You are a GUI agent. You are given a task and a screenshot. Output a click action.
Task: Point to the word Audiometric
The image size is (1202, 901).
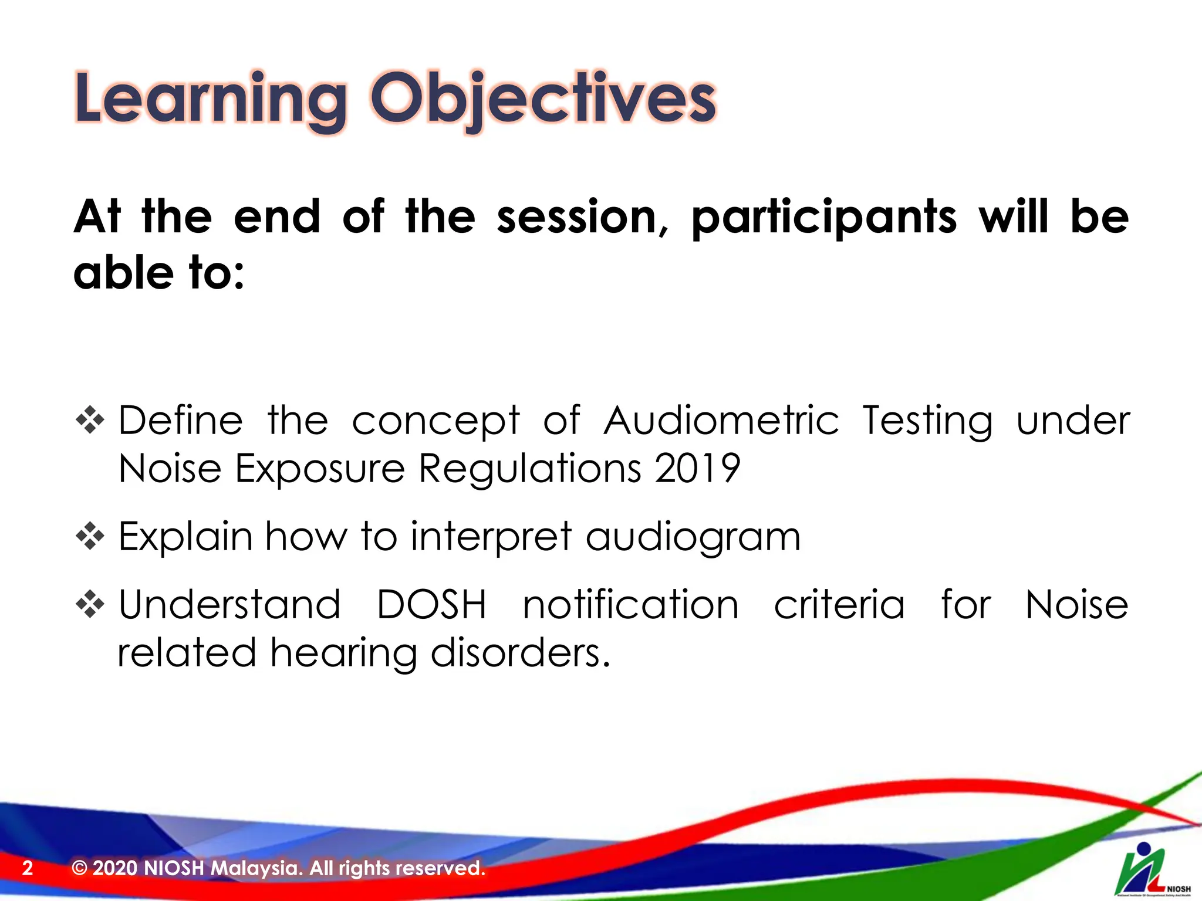pos(722,421)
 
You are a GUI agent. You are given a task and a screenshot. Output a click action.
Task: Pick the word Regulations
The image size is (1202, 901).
pos(530,470)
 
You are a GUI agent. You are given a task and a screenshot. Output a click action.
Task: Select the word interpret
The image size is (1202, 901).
pos(491,537)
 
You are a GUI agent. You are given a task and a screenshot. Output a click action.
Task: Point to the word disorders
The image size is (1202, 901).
pos(521,652)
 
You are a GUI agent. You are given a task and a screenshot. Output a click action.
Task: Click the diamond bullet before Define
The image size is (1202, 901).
pos(90,420)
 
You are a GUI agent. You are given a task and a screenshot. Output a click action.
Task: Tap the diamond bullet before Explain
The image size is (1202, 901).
pos(90,536)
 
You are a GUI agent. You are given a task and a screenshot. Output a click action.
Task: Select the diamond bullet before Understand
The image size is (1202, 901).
pos(90,604)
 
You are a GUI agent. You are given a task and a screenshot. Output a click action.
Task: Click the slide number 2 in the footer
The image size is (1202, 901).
pos(28,868)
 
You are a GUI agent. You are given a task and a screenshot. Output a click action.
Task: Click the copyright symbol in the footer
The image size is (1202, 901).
pos(79,868)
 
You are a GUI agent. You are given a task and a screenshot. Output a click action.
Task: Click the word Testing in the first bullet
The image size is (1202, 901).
pos(928,422)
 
